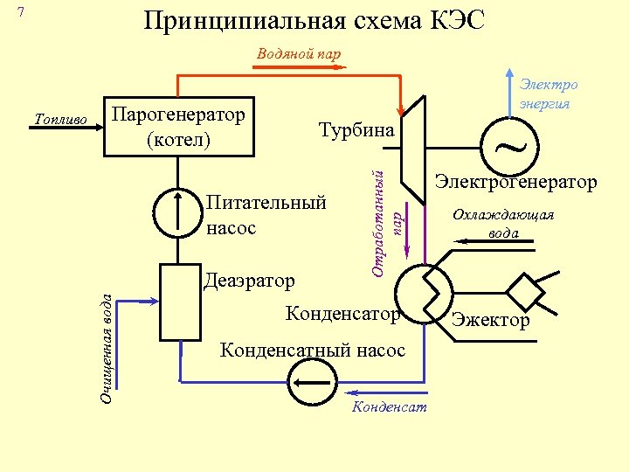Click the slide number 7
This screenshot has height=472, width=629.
[x=22, y=12]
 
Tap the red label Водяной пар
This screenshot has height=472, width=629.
[x=299, y=53]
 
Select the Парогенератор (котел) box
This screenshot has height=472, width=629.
[x=179, y=126]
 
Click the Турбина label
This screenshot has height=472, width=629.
[x=356, y=130]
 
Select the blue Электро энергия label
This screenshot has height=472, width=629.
[x=548, y=94]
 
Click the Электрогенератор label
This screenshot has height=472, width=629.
[x=515, y=182]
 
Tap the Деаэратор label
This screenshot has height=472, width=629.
[x=249, y=281]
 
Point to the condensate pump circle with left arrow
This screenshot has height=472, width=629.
[x=311, y=383]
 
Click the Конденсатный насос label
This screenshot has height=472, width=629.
[x=312, y=350]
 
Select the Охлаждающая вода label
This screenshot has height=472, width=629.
[x=502, y=225]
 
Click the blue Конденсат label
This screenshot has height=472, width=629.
[x=388, y=408]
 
